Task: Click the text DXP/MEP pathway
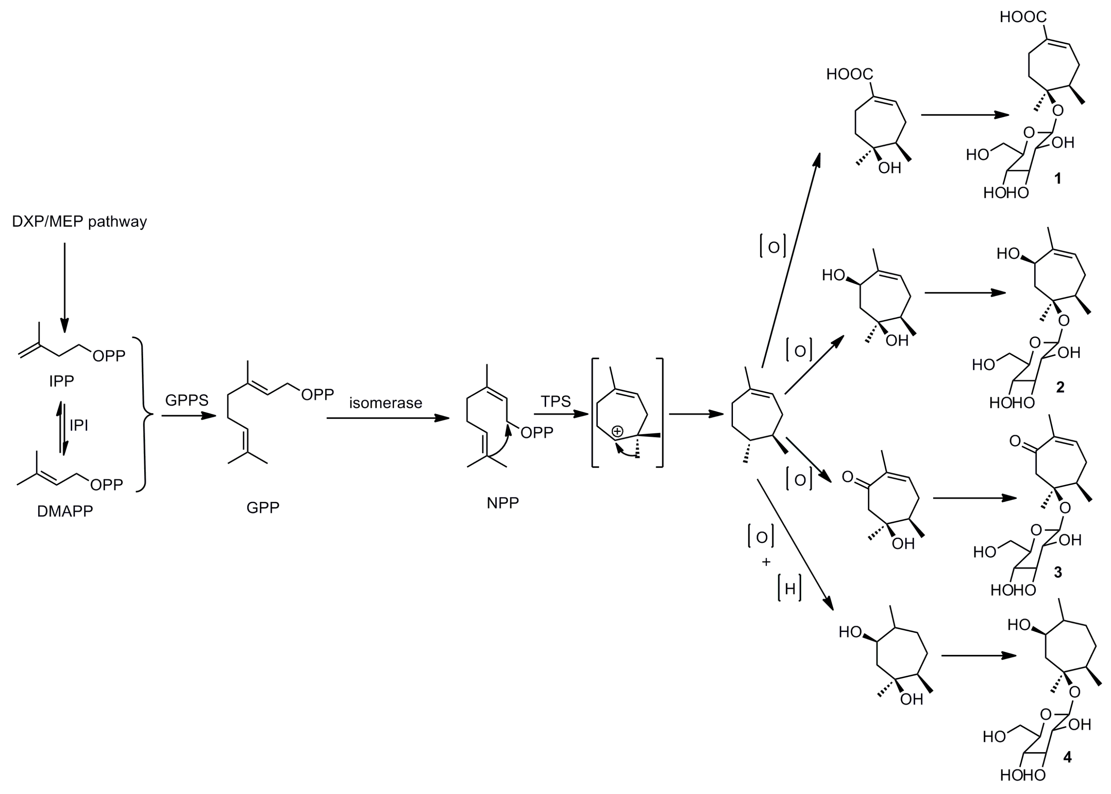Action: point(79,222)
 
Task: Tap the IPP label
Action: point(62,381)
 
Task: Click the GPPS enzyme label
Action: point(187,400)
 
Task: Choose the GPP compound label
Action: point(263,507)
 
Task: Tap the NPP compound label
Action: point(502,503)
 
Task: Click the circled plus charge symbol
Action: point(618,431)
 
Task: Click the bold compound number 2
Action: point(1060,387)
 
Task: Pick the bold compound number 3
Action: point(1058,572)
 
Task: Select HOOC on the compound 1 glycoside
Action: point(1023,17)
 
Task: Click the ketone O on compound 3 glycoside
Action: point(1015,442)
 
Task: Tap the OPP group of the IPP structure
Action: point(109,356)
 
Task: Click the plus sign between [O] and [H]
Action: point(766,562)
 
